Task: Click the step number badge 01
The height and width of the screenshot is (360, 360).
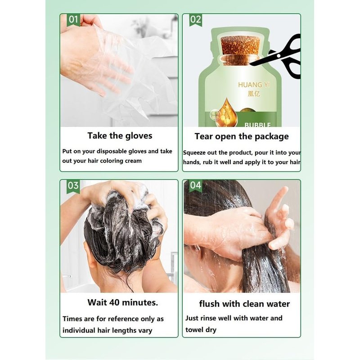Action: [73, 20]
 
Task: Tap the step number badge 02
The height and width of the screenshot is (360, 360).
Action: [196, 20]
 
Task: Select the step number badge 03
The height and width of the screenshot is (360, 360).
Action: [73, 186]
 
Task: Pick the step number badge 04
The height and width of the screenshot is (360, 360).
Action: [196, 185]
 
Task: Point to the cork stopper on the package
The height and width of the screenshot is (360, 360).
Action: [241, 49]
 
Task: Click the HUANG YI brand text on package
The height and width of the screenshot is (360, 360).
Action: [254, 85]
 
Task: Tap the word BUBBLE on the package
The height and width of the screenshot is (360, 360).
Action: [257, 125]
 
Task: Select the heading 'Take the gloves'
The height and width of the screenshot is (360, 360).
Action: [120, 136]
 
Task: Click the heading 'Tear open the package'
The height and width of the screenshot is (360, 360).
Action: [242, 137]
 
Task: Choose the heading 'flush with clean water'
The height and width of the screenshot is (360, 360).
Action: [244, 304]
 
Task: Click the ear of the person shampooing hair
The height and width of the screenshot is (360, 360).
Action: [90, 255]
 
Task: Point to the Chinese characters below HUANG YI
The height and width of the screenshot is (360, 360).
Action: [254, 94]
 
